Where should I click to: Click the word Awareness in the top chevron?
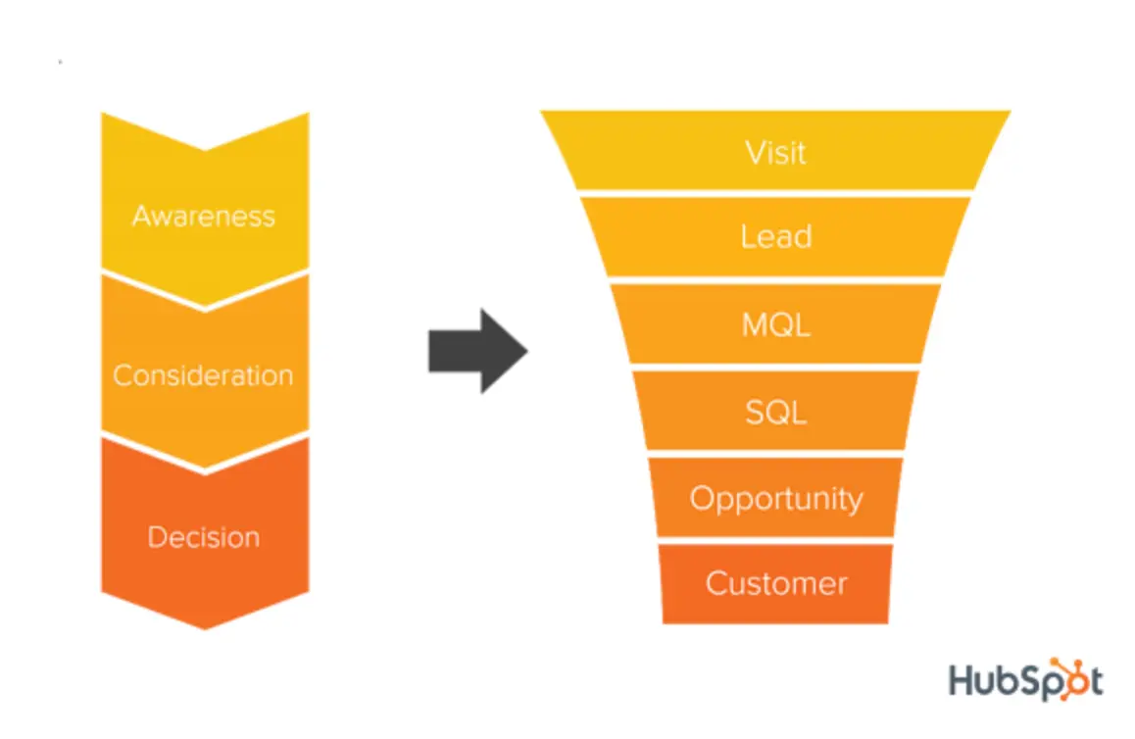(x=204, y=216)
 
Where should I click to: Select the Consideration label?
(x=203, y=375)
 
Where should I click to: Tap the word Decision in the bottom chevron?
(x=204, y=537)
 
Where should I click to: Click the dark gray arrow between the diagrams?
(x=477, y=351)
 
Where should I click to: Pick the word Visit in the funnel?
(x=775, y=153)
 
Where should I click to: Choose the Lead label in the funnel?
(x=775, y=237)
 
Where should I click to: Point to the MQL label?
(x=775, y=324)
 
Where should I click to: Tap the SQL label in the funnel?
(x=775, y=412)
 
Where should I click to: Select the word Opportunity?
(x=775, y=499)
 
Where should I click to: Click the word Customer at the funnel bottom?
(x=775, y=584)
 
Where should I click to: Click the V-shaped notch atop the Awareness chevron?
(x=205, y=149)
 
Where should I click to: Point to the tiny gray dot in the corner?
(x=60, y=63)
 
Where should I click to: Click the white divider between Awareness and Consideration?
(x=205, y=308)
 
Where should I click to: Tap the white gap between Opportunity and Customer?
(x=775, y=541)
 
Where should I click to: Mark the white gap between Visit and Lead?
(x=775, y=193)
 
